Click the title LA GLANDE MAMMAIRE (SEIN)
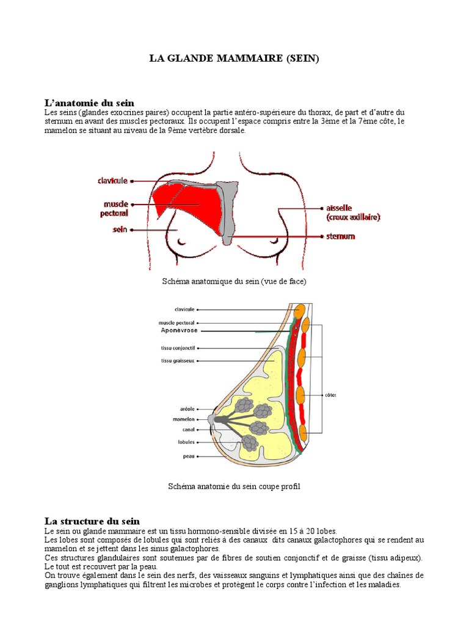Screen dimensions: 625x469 point(234,59)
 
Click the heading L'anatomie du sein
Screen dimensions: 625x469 point(89,103)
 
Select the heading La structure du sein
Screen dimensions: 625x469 point(92,521)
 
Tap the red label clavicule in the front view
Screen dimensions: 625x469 point(112,181)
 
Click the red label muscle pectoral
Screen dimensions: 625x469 point(115,208)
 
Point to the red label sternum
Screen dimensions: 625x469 point(341,236)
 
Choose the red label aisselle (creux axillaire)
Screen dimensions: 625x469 point(352,212)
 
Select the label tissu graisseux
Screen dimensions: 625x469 point(178,361)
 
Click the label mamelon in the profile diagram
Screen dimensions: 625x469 point(184,419)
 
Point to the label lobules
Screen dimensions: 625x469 point(186,441)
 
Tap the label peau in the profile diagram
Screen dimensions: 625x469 point(189,456)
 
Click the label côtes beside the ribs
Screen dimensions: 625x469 point(330,394)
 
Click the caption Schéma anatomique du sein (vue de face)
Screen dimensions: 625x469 point(234,281)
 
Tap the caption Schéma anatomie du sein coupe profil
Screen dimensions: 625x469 point(234,486)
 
